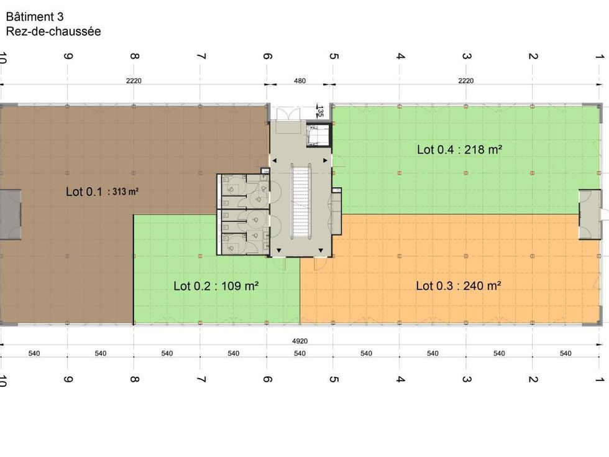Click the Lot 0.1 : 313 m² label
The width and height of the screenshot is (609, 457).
102,192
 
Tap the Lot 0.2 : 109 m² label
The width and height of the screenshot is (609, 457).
216,286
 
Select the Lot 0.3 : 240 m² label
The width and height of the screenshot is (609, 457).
459,286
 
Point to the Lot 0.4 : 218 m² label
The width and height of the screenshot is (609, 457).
460,150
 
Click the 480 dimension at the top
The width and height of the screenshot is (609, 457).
300,81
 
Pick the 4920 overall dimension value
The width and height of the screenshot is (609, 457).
300,341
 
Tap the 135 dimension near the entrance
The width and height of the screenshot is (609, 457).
320,112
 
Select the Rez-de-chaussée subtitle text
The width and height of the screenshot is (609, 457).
53,31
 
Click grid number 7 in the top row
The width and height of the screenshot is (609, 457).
201,57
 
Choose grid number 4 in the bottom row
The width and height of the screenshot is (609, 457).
400,379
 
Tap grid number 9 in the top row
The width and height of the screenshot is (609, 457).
68,57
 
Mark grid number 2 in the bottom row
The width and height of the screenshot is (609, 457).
533,379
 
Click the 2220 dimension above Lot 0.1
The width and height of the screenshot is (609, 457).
134,81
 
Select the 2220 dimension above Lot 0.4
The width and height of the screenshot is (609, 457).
465,81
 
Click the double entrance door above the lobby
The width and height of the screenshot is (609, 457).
288,114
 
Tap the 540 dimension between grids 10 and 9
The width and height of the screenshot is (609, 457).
34,353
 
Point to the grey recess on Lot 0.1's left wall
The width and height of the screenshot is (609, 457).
11,215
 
